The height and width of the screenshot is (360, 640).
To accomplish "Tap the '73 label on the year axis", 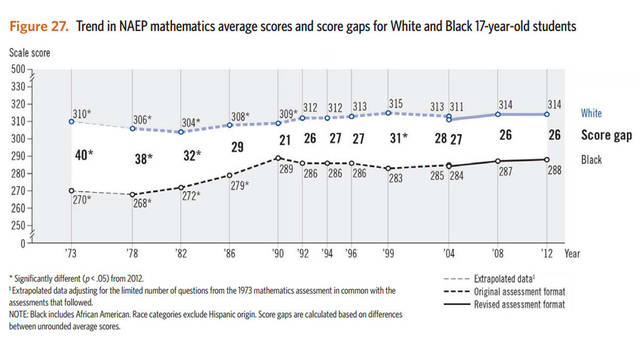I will pos(70,253).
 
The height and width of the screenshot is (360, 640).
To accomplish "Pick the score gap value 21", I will pos(284,140).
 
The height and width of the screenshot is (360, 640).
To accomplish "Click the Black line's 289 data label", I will pos(283,170).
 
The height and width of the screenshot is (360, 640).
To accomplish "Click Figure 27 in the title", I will pos(38,23).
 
